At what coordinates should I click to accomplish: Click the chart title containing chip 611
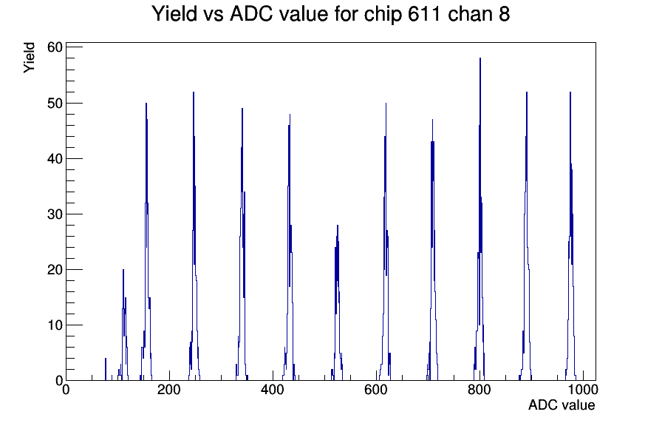point(330,14)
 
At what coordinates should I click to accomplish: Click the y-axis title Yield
point(29,58)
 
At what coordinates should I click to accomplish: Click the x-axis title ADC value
point(562,405)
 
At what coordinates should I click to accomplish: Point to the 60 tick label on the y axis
point(55,47)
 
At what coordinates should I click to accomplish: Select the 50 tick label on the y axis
point(55,103)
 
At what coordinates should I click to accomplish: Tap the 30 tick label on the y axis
point(55,214)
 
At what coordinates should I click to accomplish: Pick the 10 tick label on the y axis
point(55,325)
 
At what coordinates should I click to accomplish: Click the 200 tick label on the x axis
point(169,389)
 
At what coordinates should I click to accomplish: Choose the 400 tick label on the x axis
point(273,389)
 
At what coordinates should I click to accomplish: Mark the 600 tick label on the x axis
point(376,389)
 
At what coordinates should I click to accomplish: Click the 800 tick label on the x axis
point(480,389)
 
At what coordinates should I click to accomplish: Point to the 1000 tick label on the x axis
point(582,389)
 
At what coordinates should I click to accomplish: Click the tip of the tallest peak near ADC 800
point(480,58)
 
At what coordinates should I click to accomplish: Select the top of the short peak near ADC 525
point(338,226)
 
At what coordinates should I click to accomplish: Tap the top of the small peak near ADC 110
point(123,270)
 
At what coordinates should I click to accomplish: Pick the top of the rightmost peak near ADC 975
point(570,92)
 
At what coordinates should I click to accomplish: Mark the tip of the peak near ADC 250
point(194,92)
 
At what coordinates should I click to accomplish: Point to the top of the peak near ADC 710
point(432,120)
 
